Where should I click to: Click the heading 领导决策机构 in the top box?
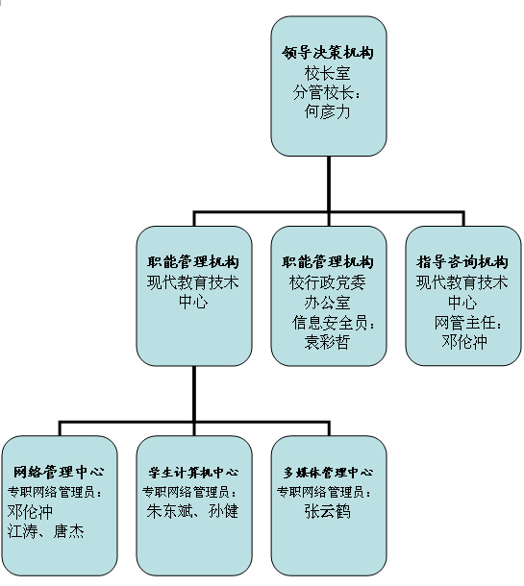click(328, 53)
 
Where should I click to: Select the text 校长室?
click(328, 73)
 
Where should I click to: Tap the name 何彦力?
click(328, 111)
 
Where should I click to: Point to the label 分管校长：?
click(327, 92)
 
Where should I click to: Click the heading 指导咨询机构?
click(462, 262)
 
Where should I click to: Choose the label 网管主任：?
click(468, 323)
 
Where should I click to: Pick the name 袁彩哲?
click(328, 342)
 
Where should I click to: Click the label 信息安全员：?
click(334, 323)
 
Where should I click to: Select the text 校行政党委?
click(328, 282)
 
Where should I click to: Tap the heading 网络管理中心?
click(59, 472)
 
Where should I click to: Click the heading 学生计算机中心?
click(193, 473)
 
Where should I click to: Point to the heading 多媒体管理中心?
click(328, 473)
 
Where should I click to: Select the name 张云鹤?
click(328, 511)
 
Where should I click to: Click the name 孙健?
click(223, 511)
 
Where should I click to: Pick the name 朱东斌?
click(169, 511)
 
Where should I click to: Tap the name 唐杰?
click(69, 530)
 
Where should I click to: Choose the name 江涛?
click(22, 530)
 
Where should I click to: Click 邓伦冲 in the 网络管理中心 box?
click(31, 511)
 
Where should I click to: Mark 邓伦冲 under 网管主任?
click(464, 342)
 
